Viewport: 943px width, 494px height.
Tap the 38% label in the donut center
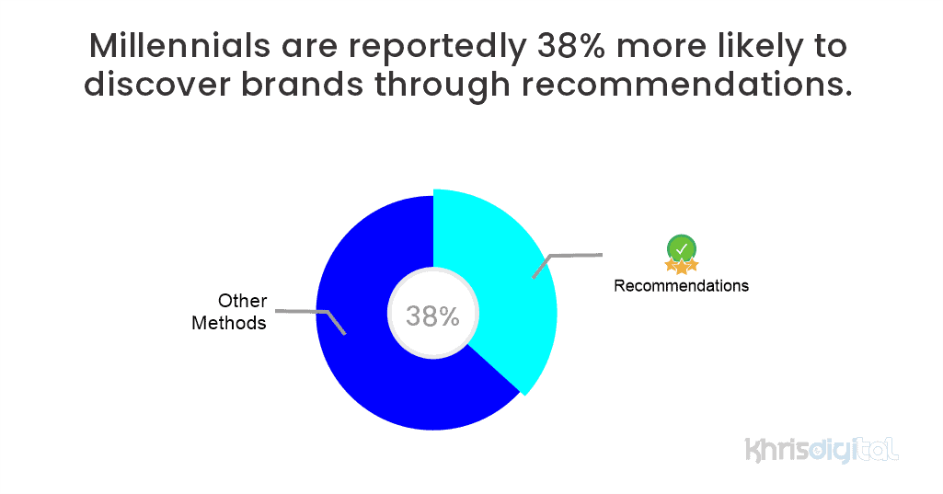coord(432,316)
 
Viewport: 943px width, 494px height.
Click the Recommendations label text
coord(681,285)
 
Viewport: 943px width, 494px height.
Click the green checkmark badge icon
coord(682,247)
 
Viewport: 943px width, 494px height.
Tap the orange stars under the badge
coord(682,266)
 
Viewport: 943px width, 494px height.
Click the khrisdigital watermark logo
coord(822,450)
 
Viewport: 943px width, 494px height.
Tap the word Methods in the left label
coord(229,323)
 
